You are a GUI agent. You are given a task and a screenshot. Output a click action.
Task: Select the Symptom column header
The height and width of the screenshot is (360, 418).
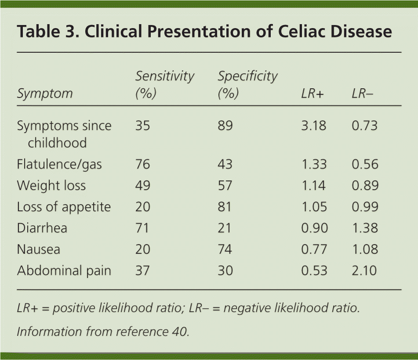pyautogui.click(x=44, y=94)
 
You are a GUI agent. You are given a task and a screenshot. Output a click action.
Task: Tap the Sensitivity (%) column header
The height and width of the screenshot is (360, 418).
pyautogui.click(x=164, y=85)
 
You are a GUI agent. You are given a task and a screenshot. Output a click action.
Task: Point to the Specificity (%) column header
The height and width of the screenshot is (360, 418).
pyautogui.click(x=247, y=85)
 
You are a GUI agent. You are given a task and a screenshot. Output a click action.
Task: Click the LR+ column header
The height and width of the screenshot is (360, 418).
pyautogui.click(x=312, y=94)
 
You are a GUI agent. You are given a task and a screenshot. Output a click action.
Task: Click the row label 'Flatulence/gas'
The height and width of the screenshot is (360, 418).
pyautogui.click(x=59, y=164)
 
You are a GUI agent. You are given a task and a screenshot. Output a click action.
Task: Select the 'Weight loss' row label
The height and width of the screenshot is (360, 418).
pyautogui.click(x=51, y=185)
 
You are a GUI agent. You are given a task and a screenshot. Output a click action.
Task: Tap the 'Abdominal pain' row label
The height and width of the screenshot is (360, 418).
pyautogui.click(x=64, y=270)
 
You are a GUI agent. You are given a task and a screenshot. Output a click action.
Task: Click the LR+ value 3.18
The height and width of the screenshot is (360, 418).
pyautogui.click(x=314, y=126)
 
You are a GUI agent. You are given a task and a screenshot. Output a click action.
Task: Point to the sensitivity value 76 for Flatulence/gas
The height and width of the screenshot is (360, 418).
pyautogui.click(x=143, y=164)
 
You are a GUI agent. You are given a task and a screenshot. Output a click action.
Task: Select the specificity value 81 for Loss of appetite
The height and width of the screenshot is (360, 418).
pyautogui.click(x=225, y=207)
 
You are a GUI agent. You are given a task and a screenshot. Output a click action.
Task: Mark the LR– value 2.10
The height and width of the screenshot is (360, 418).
pyautogui.click(x=364, y=270)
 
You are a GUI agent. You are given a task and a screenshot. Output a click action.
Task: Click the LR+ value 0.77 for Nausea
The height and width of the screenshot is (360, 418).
pyautogui.click(x=314, y=249)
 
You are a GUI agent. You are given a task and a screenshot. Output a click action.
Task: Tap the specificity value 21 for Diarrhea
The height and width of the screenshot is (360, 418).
pyautogui.click(x=225, y=228)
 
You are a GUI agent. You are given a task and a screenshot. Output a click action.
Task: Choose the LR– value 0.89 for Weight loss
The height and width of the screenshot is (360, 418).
pyautogui.click(x=364, y=185)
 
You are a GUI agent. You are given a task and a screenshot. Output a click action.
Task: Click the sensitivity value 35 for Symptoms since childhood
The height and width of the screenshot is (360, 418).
pyautogui.click(x=143, y=126)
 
